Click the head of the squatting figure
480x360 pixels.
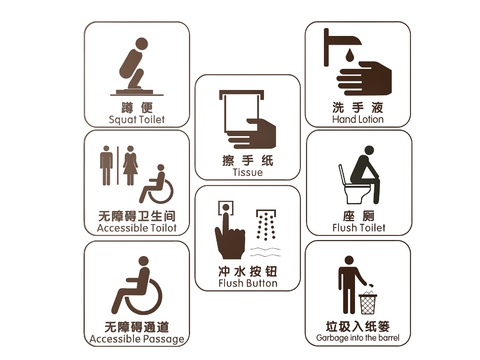click(141, 43)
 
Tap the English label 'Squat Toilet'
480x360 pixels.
click(137, 119)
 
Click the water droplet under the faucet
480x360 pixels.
click(349, 55)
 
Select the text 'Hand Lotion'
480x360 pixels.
click(358, 119)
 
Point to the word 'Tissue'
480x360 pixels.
click(248, 172)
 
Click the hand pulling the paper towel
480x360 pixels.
click(254, 133)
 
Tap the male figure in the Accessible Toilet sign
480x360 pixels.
click(106, 165)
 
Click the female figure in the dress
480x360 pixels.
click(130, 165)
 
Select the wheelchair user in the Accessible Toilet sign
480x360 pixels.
click(157, 184)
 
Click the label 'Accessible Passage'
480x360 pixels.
click(137, 339)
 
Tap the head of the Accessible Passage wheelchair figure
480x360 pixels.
click(143, 261)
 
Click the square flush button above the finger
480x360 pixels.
click(226, 208)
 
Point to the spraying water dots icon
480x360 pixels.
click(266, 225)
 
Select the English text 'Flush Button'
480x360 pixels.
click(248, 283)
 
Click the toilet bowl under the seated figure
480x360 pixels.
click(357, 193)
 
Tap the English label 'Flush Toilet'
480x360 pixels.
click(359, 228)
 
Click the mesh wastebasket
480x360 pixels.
click(368, 303)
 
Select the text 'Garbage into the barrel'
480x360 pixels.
click(358, 338)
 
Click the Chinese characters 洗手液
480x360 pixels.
click(358, 107)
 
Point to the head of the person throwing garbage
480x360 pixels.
click(349, 261)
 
